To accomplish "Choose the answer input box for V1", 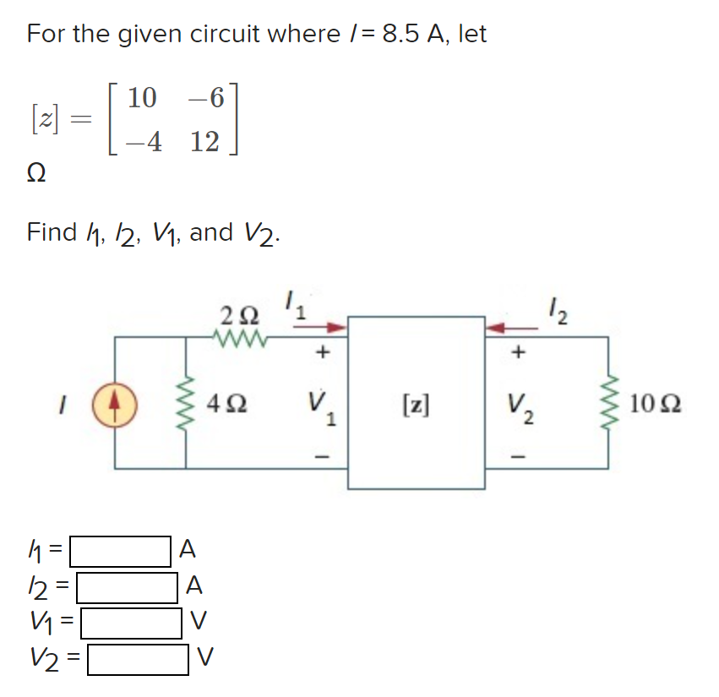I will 131,623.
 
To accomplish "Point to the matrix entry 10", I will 142,98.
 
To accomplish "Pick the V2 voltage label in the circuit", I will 521,406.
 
